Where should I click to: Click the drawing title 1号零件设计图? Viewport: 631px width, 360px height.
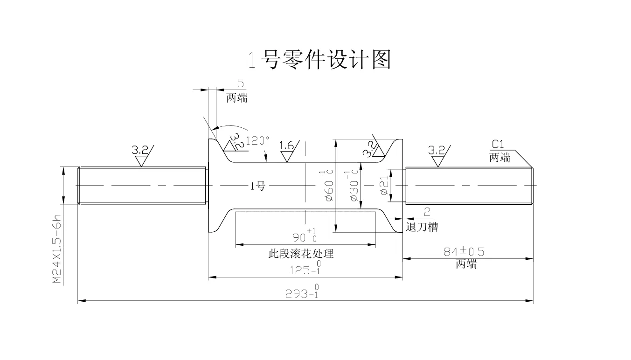319,60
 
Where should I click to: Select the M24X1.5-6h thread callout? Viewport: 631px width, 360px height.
57,249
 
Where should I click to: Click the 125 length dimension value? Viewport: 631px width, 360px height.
305,268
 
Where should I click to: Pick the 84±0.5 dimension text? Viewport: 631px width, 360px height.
464,252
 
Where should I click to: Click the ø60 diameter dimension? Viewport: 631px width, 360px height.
327,185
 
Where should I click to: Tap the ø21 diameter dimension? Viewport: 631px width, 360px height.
384,185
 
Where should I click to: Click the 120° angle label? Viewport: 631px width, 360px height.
257,140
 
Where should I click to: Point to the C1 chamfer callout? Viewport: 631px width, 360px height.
498,145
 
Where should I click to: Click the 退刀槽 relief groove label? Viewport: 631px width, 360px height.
422,227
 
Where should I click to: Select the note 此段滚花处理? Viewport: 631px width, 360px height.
301,254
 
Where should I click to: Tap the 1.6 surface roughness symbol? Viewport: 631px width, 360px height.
287,151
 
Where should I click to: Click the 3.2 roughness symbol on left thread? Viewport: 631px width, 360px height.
143,155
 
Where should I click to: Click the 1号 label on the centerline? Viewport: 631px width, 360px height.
258,186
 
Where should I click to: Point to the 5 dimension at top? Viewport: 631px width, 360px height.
240,83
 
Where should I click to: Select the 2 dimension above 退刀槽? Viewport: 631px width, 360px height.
427,212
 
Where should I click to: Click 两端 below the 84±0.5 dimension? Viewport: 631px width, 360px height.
466,264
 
